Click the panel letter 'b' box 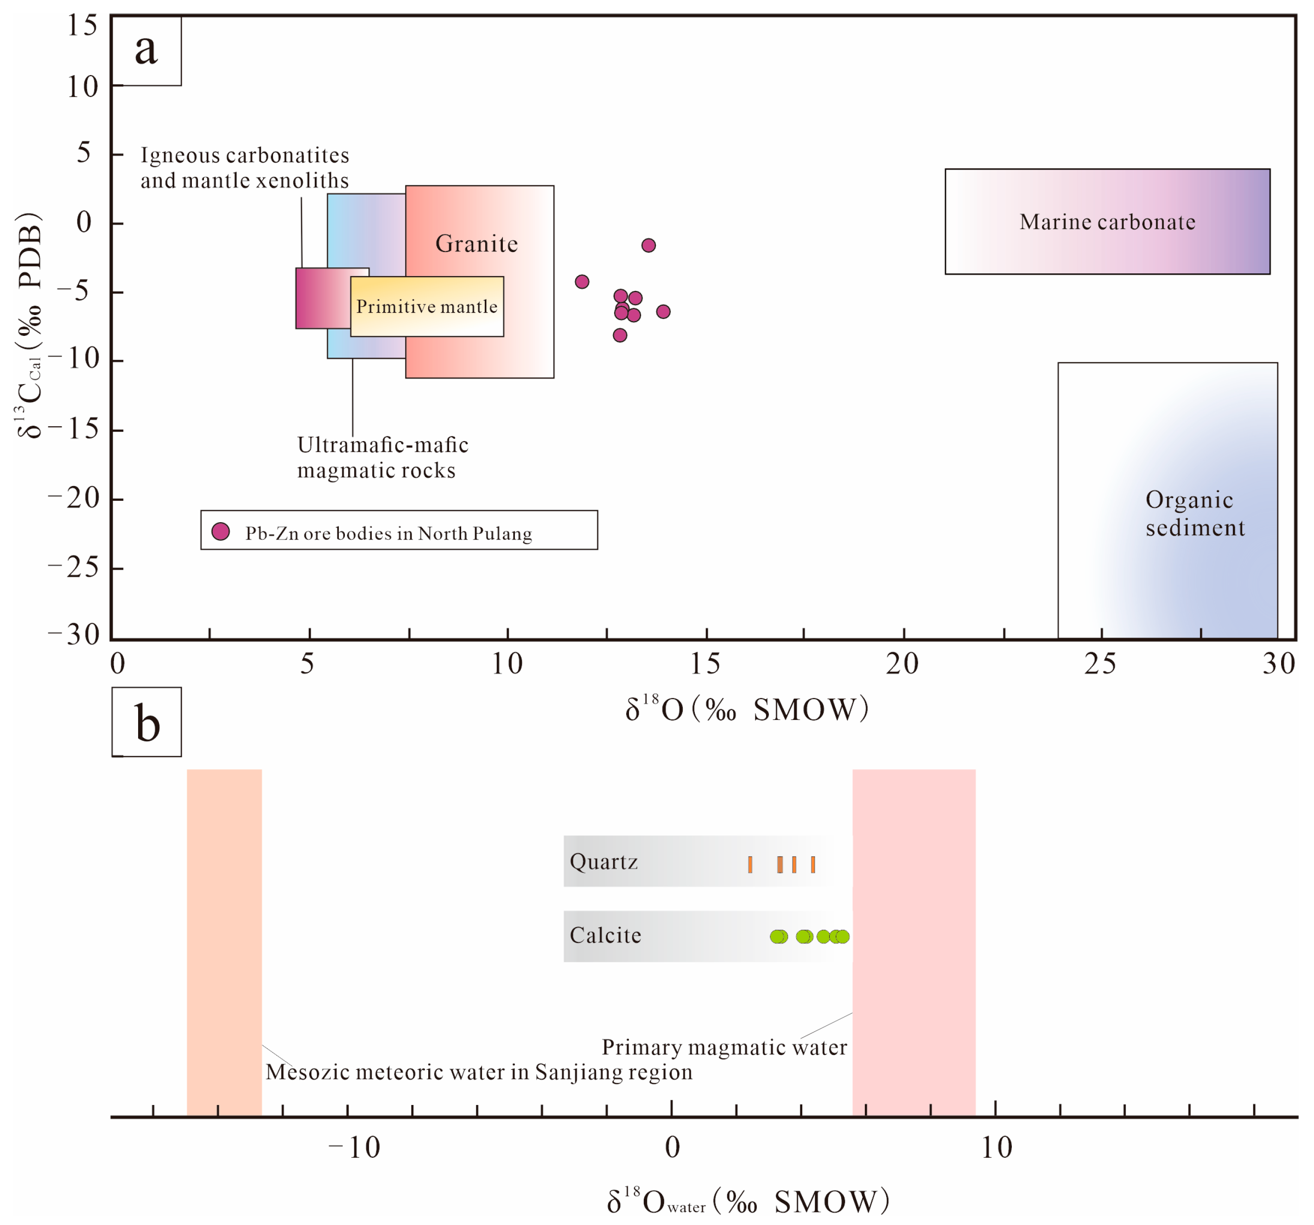(147, 722)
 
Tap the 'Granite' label (476, 244)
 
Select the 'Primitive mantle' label (426, 307)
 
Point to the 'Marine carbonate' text (1107, 222)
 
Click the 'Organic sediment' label (1193, 513)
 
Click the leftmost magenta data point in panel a (582, 282)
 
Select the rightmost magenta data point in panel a (663, 312)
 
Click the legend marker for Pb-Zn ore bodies (221, 532)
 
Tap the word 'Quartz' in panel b (603, 862)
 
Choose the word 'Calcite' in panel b (605, 935)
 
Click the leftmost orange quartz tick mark (750, 864)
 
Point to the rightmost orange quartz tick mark (813, 864)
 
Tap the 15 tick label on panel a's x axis (705, 664)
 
